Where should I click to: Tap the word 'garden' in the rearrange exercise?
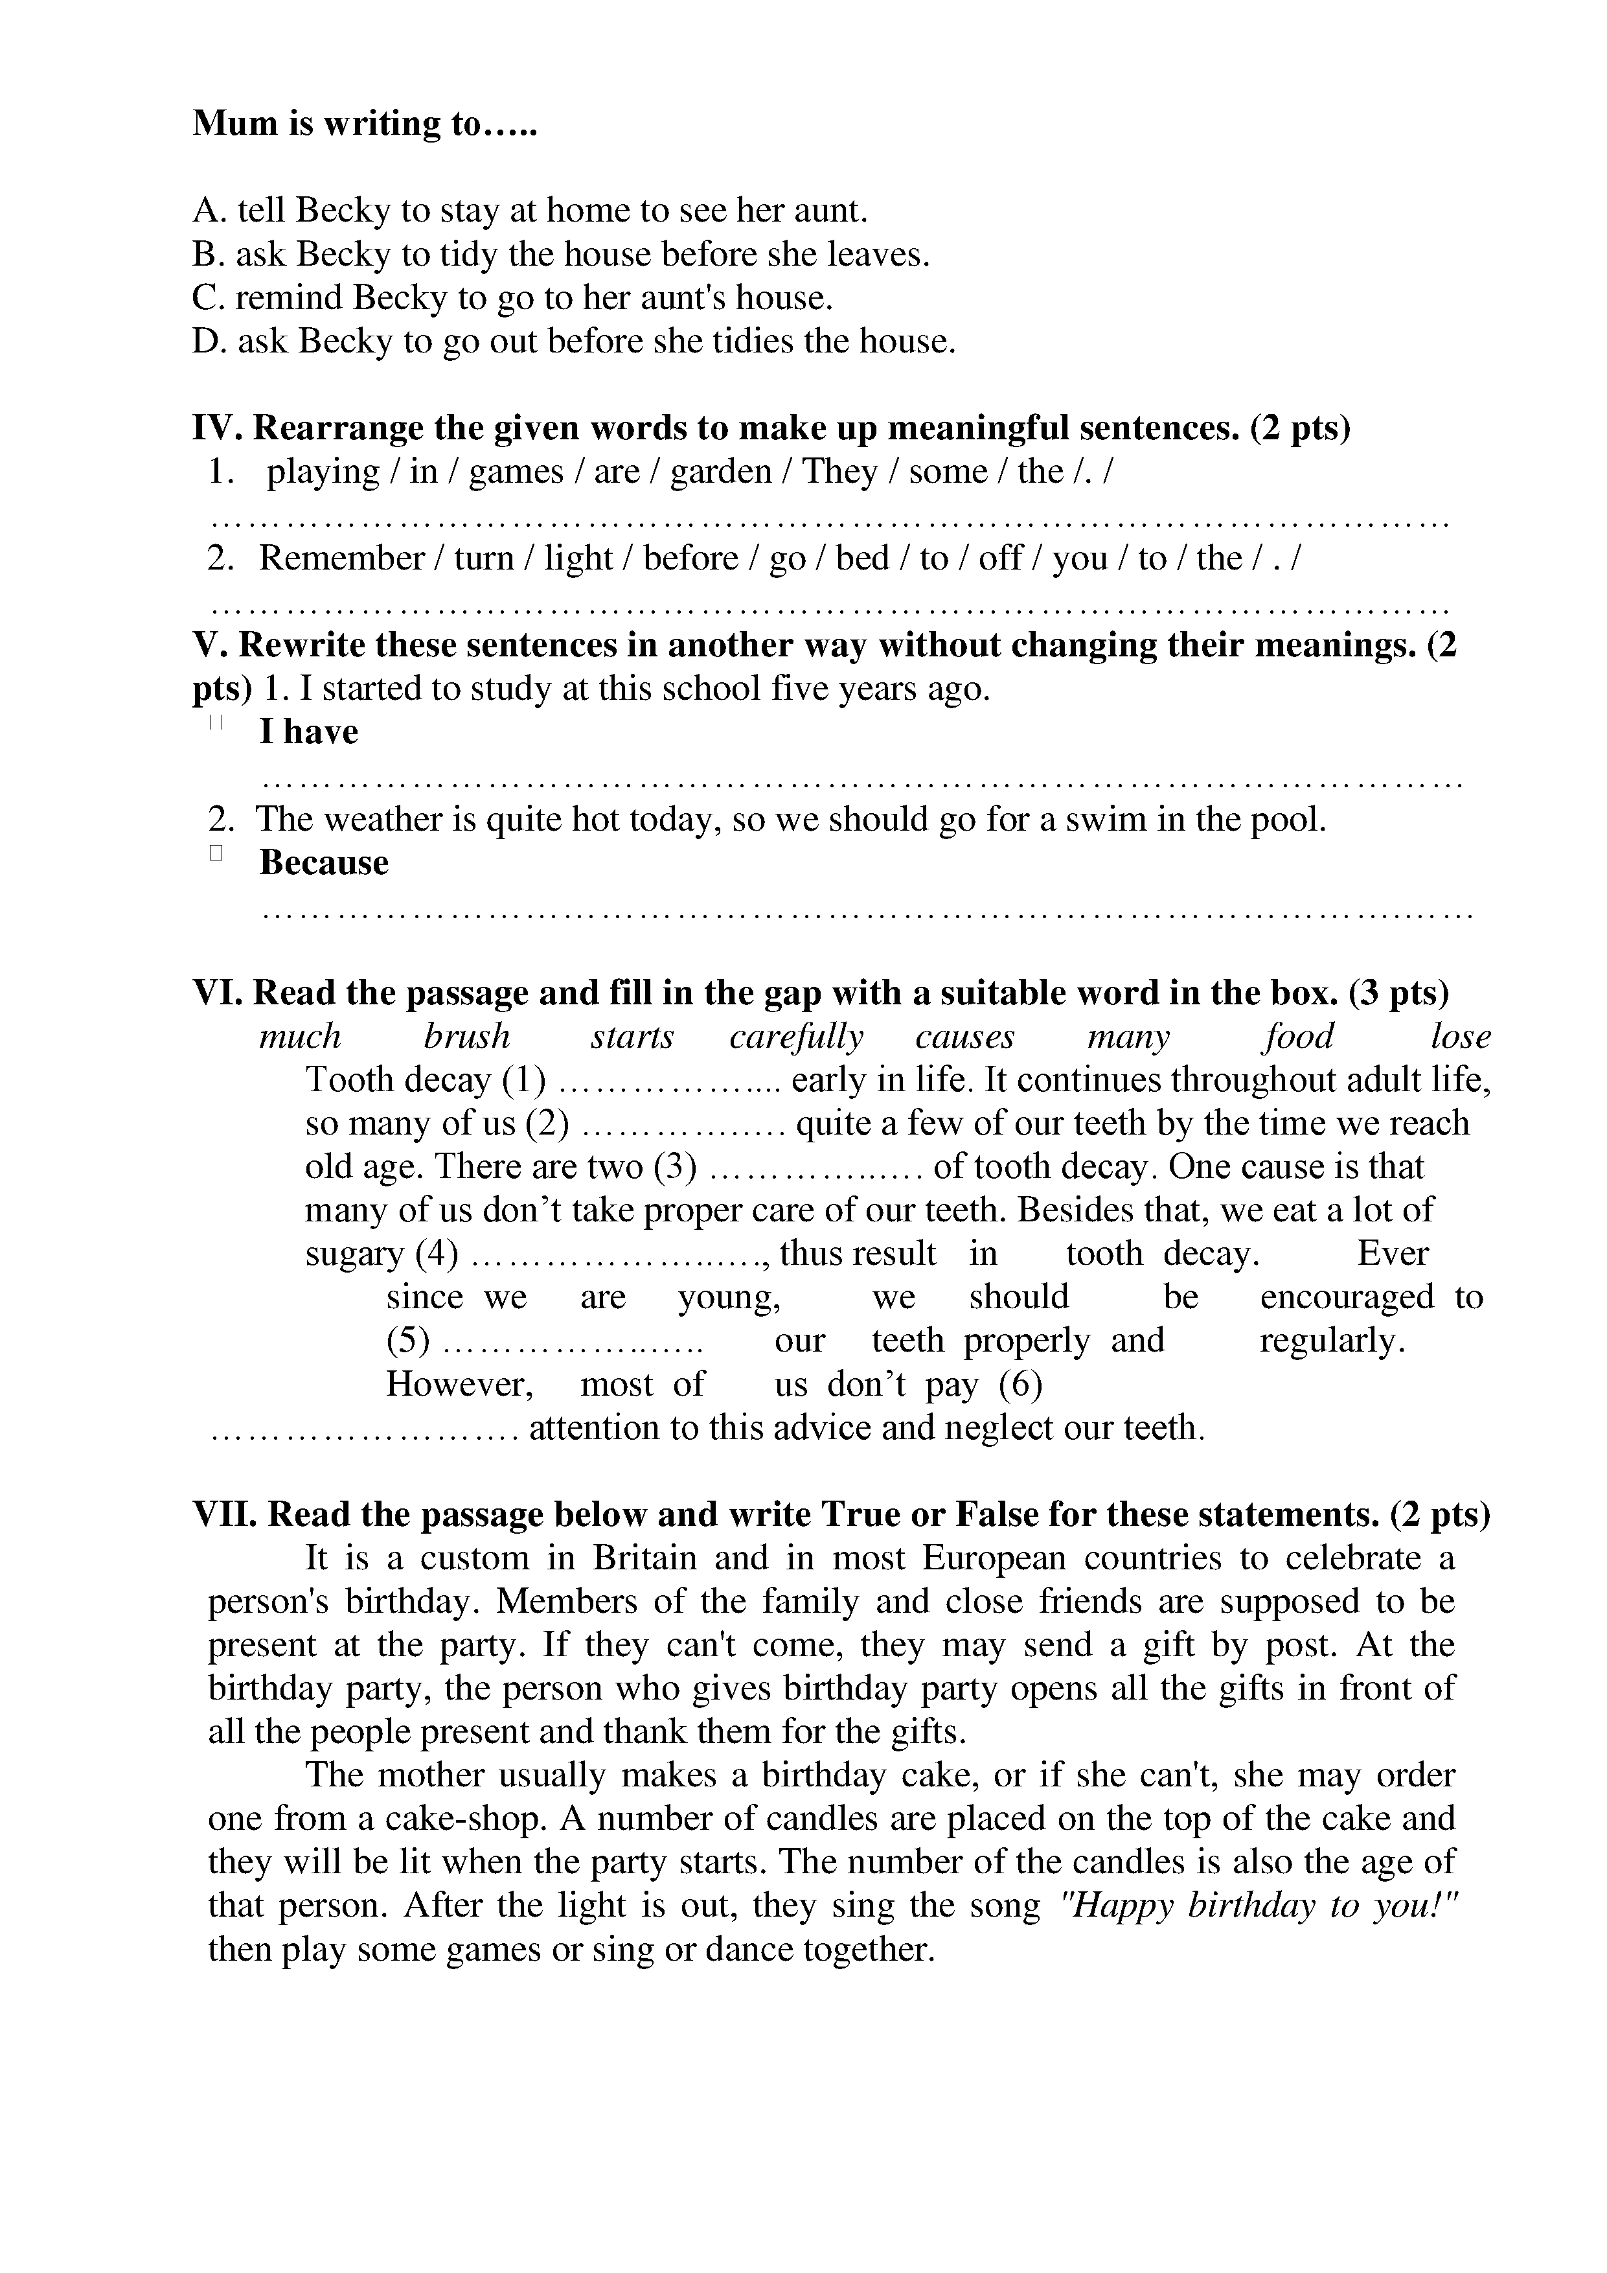click(x=720, y=471)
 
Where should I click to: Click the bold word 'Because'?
click(x=324, y=862)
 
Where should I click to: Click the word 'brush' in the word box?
click(x=467, y=1037)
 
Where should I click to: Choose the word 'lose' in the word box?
click(x=1459, y=1037)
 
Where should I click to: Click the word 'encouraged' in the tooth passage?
click(x=1346, y=1297)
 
